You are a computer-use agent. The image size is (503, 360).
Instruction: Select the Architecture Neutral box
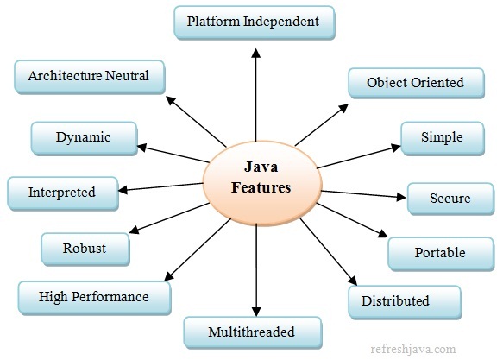click(88, 76)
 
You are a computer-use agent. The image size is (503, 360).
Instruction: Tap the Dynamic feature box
click(83, 136)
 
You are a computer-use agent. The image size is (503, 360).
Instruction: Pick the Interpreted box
click(61, 192)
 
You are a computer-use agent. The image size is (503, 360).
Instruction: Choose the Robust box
click(85, 249)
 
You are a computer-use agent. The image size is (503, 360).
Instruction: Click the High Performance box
click(93, 297)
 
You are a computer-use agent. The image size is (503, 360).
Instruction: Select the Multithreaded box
click(252, 332)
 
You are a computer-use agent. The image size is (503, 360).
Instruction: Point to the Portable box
click(438, 253)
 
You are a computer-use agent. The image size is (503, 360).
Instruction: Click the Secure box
click(450, 199)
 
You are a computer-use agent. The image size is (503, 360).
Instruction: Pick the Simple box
click(442, 137)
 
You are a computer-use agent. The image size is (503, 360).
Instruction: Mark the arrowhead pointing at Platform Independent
click(255, 53)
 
